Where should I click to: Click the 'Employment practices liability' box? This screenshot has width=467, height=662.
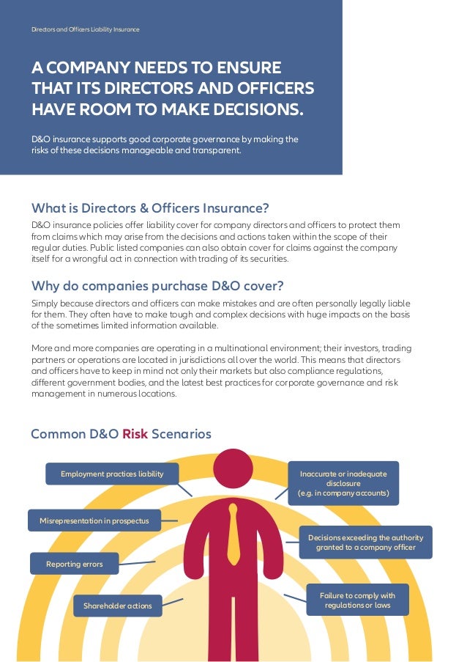[x=112, y=474]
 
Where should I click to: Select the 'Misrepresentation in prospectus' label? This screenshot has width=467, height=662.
[x=94, y=521]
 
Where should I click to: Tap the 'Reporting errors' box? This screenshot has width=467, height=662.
[x=74, y=564]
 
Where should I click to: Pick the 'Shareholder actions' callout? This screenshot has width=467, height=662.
[x=117, y=606]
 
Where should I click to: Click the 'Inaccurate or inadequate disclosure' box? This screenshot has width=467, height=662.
[x=343, y=484]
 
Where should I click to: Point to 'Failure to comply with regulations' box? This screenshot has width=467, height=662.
[x=357, y=600]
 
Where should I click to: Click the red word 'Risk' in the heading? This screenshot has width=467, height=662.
[x=135, y=434]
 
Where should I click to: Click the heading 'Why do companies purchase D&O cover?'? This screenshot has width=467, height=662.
[x=157, y=285]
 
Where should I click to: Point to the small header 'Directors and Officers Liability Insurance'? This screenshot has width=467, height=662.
[x=85, y=29]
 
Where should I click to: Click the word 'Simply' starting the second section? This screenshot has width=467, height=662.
[x=44, y=304]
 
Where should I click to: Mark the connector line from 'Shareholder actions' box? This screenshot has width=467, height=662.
[x=172, y=601]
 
